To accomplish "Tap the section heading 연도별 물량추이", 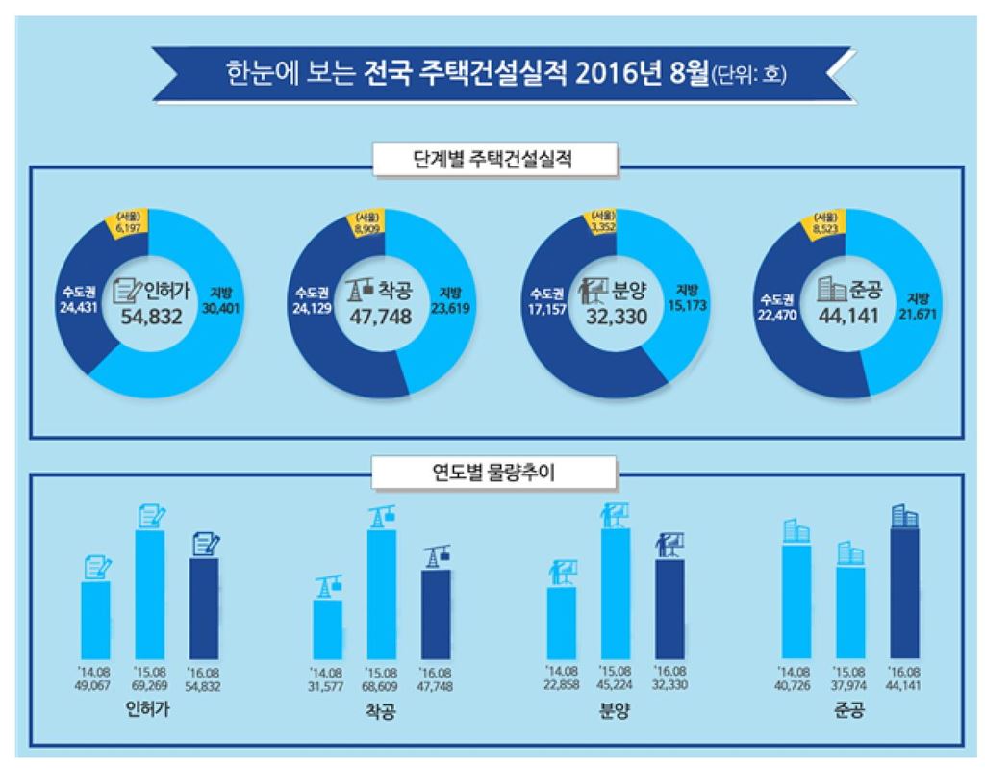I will coord(492,473).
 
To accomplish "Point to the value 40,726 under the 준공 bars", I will coord(796,684).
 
